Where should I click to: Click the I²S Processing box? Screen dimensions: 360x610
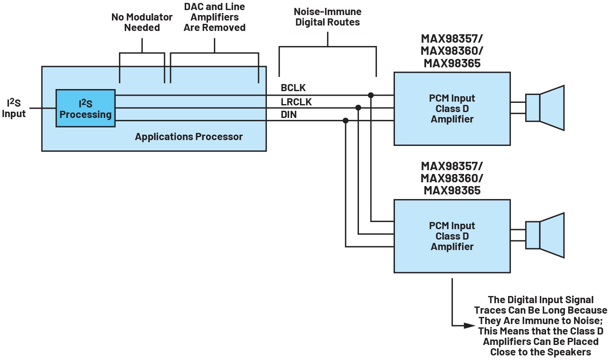[x=86, y=108]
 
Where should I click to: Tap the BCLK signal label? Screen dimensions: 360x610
[x=293, y=88]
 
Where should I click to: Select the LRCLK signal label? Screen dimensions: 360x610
[x=296, y=102]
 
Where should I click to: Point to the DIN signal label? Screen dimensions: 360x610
[x=289, y=115]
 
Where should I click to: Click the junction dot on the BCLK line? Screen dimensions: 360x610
[x=371, y=95]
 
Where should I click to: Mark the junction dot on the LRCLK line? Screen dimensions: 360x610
[x=358, y=108]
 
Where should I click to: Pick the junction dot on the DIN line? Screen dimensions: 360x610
[x=346, y=121]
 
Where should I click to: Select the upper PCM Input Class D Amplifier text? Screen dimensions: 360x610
[x=452, y=109]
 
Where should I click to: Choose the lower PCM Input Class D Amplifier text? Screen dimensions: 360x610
[x=452, y=236]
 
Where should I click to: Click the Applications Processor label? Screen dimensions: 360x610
[x=188, y=137]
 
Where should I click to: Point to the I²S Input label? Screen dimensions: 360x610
[x=14, y=108]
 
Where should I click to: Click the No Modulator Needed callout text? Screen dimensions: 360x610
[x=142, y=23]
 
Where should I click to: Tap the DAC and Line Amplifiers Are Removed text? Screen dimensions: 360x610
[x=214, y=17]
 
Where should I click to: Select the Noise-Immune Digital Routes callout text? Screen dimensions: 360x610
[x=328, y=17]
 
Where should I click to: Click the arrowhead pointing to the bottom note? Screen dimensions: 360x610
[x=470, y=325]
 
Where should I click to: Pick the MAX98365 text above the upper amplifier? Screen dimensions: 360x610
[x=452, y=64]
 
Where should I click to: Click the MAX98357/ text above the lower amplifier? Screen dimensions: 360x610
[x=452, y=166]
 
